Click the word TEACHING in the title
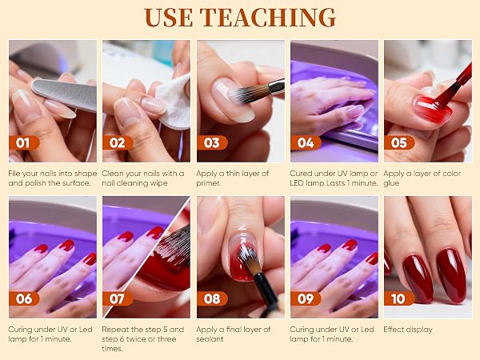point(268,18)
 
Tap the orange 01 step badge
point(24,143)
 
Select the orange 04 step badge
point(306,143)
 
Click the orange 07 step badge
point(118,298)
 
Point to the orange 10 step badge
point(399,298)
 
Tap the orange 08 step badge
point(212,298)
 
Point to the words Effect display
point(408,330)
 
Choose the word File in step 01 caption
point(14,174)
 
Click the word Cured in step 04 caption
point(300,174)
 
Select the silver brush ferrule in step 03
point(276,86)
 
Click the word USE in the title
point(168,18)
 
